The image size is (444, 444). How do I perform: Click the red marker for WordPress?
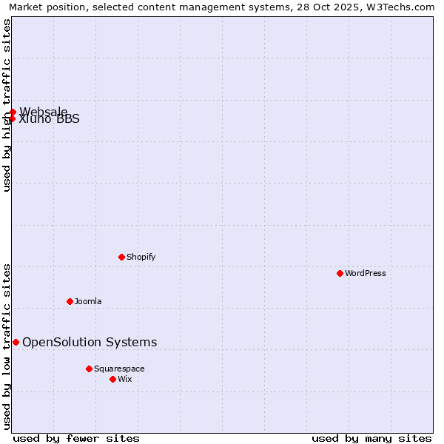click(x=340, y=273)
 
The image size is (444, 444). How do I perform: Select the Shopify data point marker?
click(x=121, y=257)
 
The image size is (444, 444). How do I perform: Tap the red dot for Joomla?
click(x=70, y=301)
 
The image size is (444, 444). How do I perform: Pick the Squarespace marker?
click(x=89, y=369)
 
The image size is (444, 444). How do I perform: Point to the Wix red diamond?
click(x=112, y=379)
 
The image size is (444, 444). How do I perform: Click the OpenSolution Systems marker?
click(x=16, y=342)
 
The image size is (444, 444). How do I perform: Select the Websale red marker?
click(x=13, y=112)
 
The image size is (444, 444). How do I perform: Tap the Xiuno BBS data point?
click(x=12, y=118)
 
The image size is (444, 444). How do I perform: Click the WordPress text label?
click(x=366, y=273)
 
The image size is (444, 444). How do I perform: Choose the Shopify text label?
click(x=141, y=257)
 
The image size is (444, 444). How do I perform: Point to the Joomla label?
click(x=88, y=301)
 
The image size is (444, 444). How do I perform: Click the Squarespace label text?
click(x=119, y=369)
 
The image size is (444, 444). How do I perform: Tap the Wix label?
click(x=125, y=379)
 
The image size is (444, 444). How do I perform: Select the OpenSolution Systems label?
click(x=90, y=342)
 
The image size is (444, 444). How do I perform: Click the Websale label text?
click(x=43, y=111)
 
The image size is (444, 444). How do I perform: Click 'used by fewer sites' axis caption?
click(x=76, y=438)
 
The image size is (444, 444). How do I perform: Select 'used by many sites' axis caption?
click(x=371, y=438)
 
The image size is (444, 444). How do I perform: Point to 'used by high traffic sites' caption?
click(x=7, y=105)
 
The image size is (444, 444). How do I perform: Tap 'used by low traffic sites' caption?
click(x=7, y=346)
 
